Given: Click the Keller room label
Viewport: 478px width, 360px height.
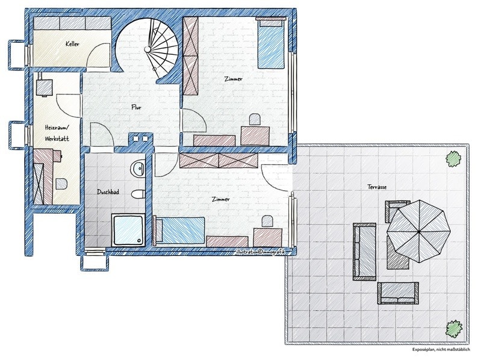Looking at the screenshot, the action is point(73,44).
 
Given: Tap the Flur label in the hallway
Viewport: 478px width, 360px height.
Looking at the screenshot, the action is point(136,107).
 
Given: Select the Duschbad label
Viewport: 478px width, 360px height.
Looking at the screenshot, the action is point(108,192).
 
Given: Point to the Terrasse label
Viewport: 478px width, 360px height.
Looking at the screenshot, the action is point(377,187).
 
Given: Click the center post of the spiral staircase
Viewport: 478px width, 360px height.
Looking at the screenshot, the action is point(147,49).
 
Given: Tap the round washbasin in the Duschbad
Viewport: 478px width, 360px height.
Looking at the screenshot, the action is point(138,168).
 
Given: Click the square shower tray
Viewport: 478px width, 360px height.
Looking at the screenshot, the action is point(128,230).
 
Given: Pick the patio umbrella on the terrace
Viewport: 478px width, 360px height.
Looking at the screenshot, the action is point(418,232).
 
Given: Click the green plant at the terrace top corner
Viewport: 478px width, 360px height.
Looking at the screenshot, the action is point(453,158).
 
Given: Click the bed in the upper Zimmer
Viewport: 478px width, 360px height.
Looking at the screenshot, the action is point(271,43).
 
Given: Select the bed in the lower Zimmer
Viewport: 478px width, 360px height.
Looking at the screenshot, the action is point(179,230).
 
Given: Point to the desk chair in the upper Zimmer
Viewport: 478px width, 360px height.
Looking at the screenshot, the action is point(255,119).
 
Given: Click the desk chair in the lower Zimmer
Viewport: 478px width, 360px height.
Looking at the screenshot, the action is point(267,221).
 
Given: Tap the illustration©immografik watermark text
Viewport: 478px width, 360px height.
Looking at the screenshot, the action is point(260,252).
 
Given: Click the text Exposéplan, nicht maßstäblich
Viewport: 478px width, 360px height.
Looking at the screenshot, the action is point(441,349).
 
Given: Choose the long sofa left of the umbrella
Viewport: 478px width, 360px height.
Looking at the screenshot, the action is point(365,252).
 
